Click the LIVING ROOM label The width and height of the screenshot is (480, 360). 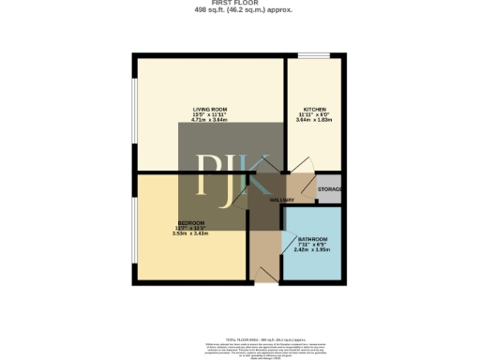tap(210, 109)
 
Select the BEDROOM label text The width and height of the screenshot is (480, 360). tap(191, 222)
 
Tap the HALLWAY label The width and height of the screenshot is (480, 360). tap(283, 201)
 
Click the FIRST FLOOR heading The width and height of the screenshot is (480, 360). tap(239, 4)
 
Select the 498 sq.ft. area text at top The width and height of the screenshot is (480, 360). tap(239, 10)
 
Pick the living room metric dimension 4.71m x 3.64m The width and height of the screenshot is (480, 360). tap(210, 120)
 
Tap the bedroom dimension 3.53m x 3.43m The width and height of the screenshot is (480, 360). tap(191, 233)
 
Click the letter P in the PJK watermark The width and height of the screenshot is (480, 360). tap(208, 174)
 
